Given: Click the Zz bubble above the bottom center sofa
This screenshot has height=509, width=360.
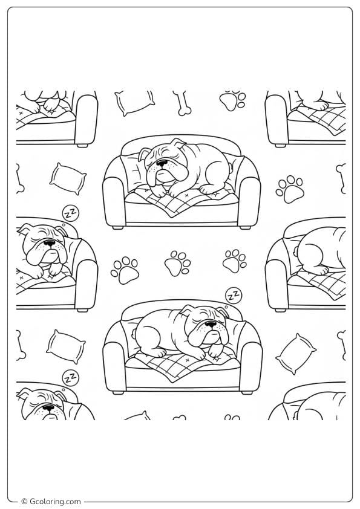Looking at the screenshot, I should [x=231, y=296].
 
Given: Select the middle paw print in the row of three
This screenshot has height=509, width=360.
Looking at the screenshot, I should [x=177, y=264].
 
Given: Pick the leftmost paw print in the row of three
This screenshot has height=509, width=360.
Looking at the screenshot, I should [x=125, y=270].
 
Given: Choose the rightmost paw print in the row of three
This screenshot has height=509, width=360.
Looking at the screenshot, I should [x=233, y=262].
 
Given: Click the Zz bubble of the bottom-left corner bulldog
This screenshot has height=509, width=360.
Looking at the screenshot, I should [x=70, y=376].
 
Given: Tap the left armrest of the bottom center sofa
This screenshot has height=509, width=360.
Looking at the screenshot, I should [x=114, y=364].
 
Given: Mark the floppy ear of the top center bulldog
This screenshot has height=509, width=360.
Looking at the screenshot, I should [x=146, y=155].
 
